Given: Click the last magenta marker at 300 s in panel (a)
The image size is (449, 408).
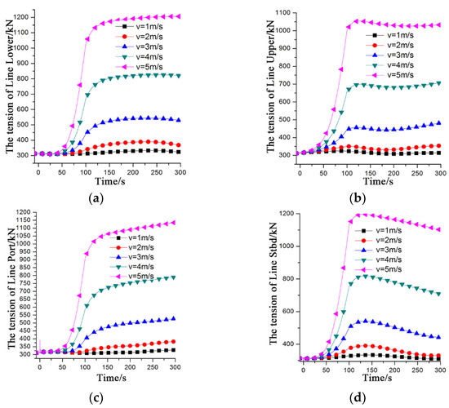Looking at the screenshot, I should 201,16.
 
